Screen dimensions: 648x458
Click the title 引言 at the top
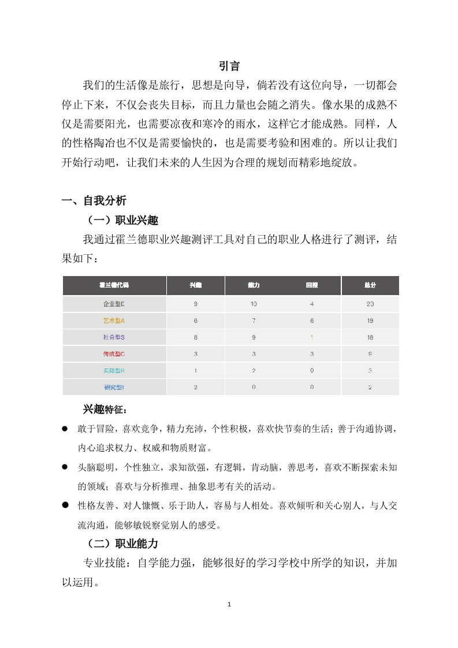click(229, 66)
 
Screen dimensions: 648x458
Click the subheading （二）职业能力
click(120, 543)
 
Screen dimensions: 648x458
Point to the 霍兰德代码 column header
click(114, 285)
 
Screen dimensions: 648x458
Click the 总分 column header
click(370, 285)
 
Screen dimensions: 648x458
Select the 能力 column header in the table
click(254, 285)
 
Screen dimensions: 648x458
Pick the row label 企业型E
click(114, 304)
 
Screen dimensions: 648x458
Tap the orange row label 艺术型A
click(114, 321)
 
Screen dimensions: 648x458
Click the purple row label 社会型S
click(114, 337)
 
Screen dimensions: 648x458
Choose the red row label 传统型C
click(114, 353)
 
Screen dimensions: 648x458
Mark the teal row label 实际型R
click(114, 370)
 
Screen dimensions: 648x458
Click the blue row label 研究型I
click(114, 387)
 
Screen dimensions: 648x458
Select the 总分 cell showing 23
click(370, 304)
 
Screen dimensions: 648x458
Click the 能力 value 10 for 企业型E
click(254, 304)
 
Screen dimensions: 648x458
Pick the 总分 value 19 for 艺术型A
click(370, 321)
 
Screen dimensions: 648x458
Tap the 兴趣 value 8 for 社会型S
click(196, 337)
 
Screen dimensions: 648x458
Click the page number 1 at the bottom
click(229, 605)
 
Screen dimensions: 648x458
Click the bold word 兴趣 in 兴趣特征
click(93, 409)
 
